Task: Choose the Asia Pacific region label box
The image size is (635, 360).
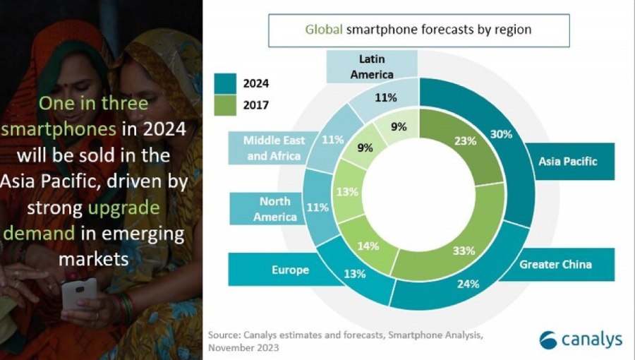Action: click(567, 161)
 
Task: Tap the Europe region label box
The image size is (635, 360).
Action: click(291, 270)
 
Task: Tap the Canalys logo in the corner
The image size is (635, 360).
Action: click(580, 340)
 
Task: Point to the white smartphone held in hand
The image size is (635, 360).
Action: click(79, 292)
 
